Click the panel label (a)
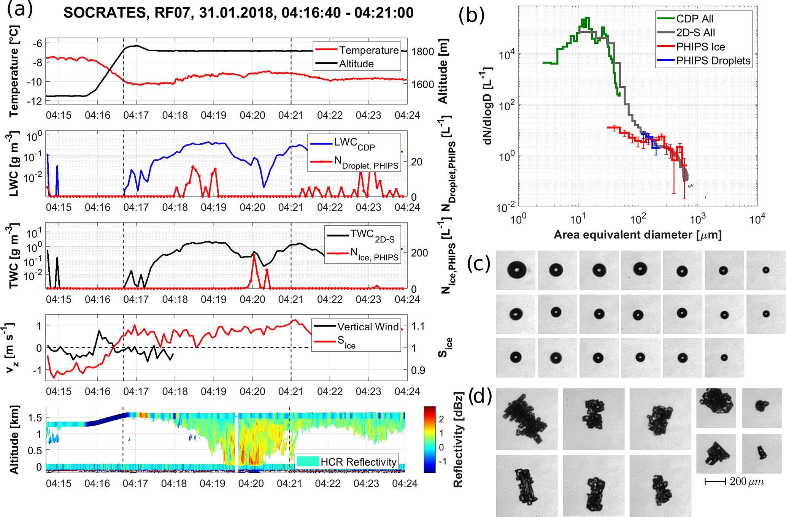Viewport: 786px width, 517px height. (x=20, y=10)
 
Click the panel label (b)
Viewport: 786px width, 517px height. (x=471, y=16)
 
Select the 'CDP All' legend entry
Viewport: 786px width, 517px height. (x=694, y=19)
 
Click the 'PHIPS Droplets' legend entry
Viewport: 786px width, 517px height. (x=713, y=61)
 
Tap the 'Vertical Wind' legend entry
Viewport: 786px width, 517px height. (x=367, y=327)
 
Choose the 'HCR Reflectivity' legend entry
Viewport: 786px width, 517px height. (x=358, y=462)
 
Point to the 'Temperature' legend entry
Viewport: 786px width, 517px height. (x=368, y=50)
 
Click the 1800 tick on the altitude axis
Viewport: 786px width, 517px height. (x=422, y=51)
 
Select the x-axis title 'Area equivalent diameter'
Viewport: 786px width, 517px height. (x=637, y=235)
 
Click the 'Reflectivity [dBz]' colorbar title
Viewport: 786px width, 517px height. (x=458, y=439)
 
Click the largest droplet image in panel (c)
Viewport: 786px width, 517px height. (x=516, y=270)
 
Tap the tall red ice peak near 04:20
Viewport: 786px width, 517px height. (x=254, y=255)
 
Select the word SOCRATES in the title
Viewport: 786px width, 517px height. (x=105, y=13)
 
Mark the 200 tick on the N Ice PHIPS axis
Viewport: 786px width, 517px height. (x=419, y=253)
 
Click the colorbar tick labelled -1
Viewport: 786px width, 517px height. (x=441, y=461)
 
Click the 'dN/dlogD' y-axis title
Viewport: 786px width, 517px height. (x=488, y=106)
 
